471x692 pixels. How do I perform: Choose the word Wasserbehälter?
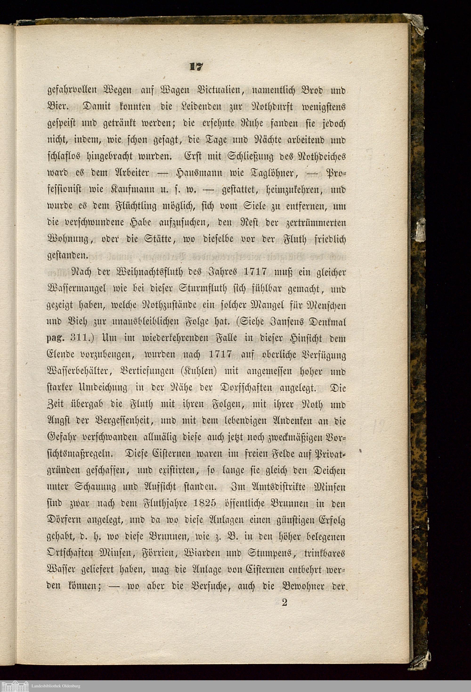tap(81, 372)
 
